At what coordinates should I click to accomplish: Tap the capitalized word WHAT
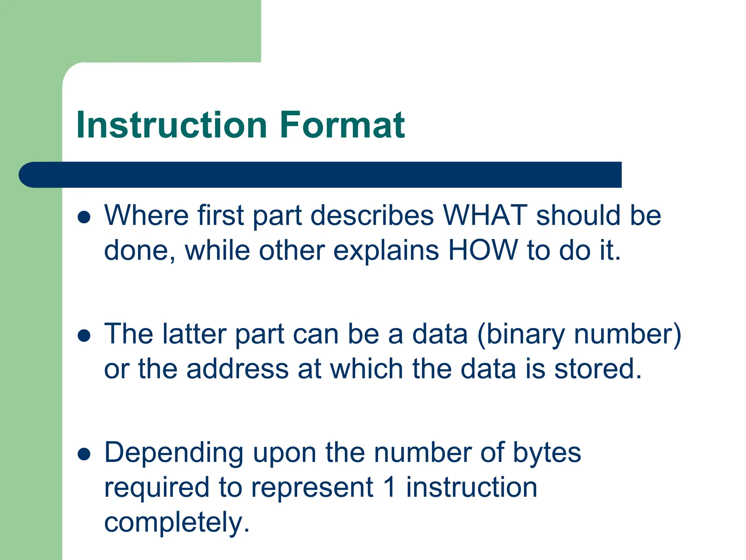pyautogui.click(x=485, y=215)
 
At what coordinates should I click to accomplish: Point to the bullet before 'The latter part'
pyautogui.click(x=84, y=335)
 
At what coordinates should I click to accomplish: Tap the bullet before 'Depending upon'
pyautogui.click(x=84, y=454)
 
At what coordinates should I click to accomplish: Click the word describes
pyautogui.click(x=372, y=215)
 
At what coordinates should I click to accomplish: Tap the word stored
pyautogui.click(x=597, y=369)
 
